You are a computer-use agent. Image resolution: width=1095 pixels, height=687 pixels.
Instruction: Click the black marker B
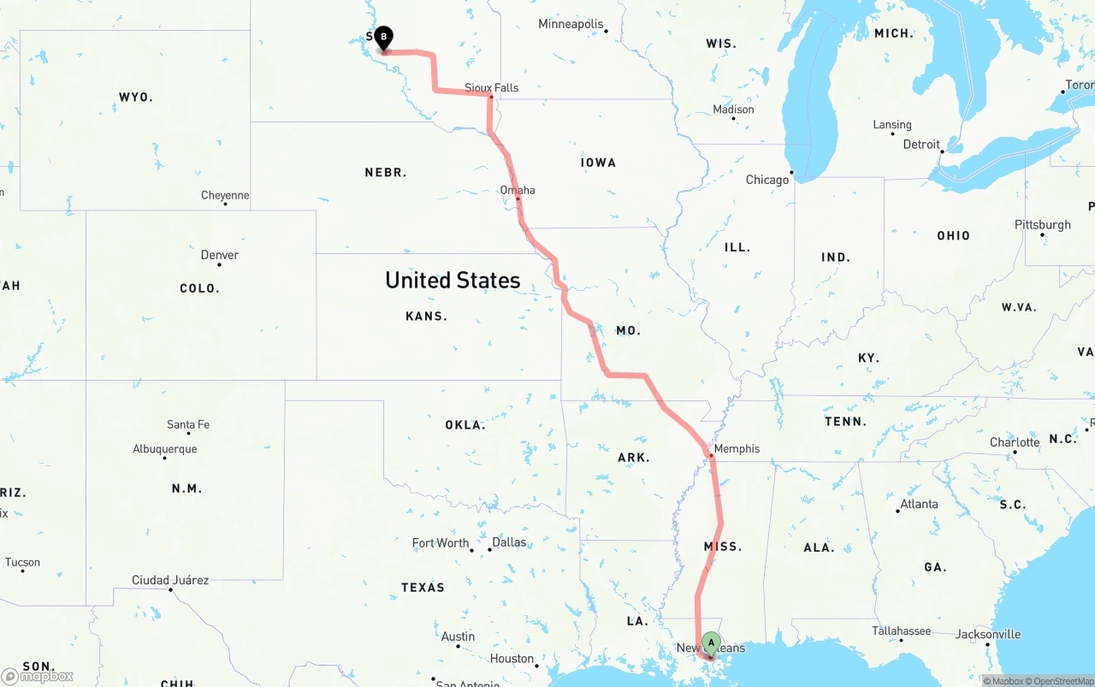[384, 37]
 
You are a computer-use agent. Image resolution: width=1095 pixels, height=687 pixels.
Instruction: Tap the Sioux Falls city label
[491, 87]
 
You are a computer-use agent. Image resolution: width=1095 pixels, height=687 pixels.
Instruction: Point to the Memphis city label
[736, 448]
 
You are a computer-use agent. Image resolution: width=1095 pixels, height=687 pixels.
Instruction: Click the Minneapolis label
[570, 24]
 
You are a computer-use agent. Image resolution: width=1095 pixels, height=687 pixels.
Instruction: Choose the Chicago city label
[766, 180]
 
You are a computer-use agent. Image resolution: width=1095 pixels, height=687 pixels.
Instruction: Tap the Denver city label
[220, 255]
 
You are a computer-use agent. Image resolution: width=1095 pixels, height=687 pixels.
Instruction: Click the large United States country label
[453, 280]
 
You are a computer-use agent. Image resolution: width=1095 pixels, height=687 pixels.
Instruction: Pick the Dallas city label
[509, 542]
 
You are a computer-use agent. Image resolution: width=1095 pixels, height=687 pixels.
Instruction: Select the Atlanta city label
[919, 504]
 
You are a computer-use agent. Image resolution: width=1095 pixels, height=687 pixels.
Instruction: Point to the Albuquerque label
[164, 449]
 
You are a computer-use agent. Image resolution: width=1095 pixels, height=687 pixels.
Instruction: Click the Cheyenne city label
[225, 195]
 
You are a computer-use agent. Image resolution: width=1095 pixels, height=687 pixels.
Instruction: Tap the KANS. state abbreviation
[426, 317]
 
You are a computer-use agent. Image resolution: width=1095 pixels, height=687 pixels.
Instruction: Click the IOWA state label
[598, 163]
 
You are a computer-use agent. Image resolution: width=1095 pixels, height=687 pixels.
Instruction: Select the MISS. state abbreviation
[723, 547]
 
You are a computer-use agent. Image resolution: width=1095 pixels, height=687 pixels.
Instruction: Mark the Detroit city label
[921, 145]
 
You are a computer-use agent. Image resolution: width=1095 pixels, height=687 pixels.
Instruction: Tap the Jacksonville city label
[988, 634]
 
